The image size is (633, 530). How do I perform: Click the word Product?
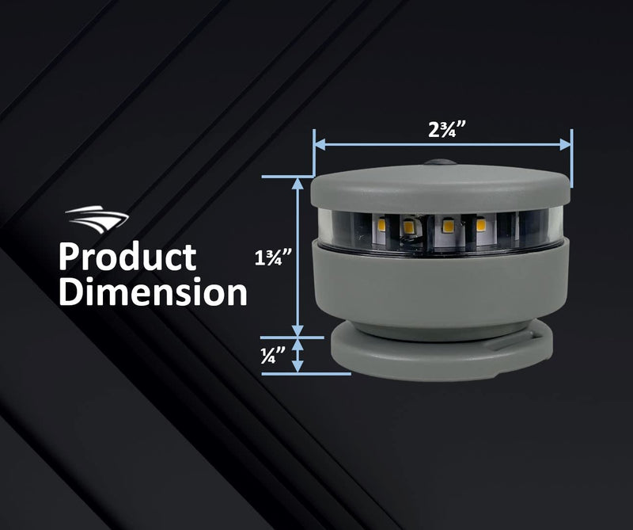point(127,257)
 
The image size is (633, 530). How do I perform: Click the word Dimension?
point(153,291)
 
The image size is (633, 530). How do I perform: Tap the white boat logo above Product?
point(97,219)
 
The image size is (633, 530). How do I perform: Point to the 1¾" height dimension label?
point(273,257)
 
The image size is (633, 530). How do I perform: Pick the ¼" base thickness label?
point(273,355)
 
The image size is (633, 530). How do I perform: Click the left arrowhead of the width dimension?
point(320,144)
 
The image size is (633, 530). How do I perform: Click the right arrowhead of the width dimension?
point(566,144)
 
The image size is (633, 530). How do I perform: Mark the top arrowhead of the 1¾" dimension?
point(298,184)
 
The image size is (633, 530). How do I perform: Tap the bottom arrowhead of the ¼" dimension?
point(298,366)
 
